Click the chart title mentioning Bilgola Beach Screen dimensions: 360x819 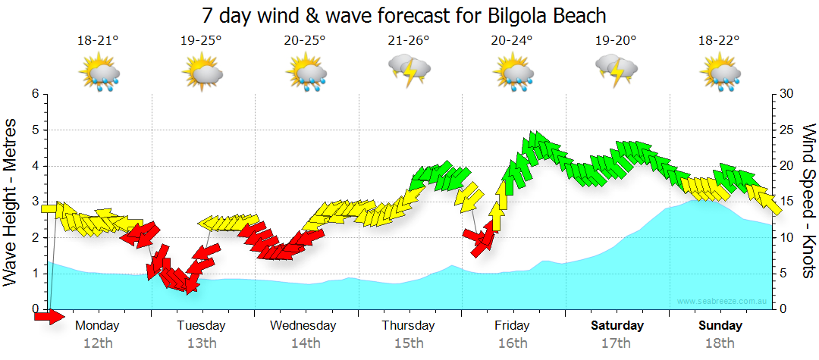point(405,15)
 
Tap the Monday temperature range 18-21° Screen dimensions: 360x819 point(98,41)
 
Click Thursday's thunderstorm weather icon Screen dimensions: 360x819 point(409,71)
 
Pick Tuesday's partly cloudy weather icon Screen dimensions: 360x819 point(202,74)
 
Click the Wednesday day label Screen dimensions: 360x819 point(303,326)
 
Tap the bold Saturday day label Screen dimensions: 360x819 point(617,326)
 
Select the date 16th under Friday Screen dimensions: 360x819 point(513,343)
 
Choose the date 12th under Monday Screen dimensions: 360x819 point(98,343)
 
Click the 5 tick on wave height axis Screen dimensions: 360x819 point(34,130)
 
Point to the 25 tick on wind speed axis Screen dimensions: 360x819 point(787,130)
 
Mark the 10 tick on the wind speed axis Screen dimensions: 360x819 point(787,238)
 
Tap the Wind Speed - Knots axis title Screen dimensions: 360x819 point(808,202)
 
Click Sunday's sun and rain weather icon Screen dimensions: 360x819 point(720,74)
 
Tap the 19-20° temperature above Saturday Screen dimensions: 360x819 point(616,41)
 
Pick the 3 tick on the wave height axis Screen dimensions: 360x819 point(34,202)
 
